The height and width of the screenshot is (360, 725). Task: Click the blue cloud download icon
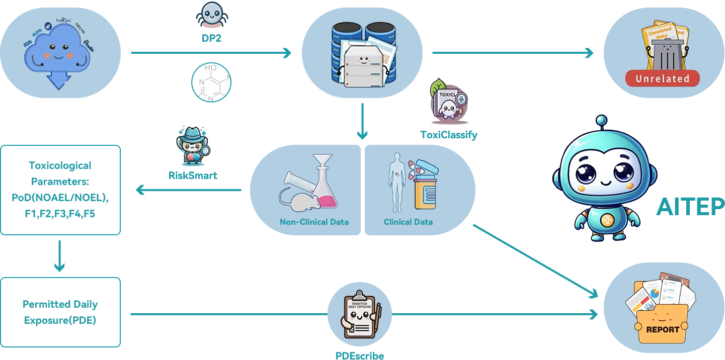click(x=59, y=55)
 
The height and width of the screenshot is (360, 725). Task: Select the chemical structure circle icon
click(x=211, y=82)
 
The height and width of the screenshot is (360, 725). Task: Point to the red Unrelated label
click(x=662, y=78)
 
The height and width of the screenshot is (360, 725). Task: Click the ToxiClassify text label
click(x=449, y=135)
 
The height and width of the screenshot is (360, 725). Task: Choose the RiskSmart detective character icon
click(x=193, y=146)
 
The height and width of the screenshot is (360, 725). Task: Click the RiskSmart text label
click(x=193, y=175)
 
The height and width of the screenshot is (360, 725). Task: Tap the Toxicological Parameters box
click(x=60, y=190)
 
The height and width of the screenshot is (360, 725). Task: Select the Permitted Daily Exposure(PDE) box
click(x=60, y=312)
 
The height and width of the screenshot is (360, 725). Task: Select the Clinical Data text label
click(x=408, y=222)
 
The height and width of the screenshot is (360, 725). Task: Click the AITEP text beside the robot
click(x=690, y=206)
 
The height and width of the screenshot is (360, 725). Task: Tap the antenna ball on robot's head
click(x=601, y=120)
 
